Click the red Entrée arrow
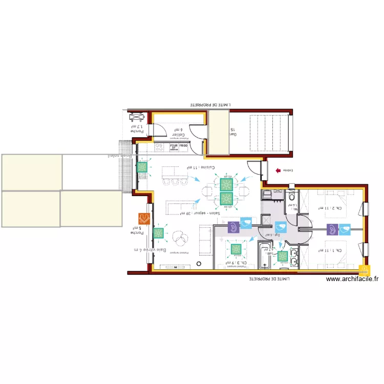(x=278, y=170)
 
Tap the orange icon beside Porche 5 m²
(x=144, y=219)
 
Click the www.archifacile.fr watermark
(x=352, y=279)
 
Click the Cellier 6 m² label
(x=178, y=133)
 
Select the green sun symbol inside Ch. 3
(x=236, y=250)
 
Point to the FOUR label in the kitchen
(x=174, y=146)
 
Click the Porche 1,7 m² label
(x=137, y=128)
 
